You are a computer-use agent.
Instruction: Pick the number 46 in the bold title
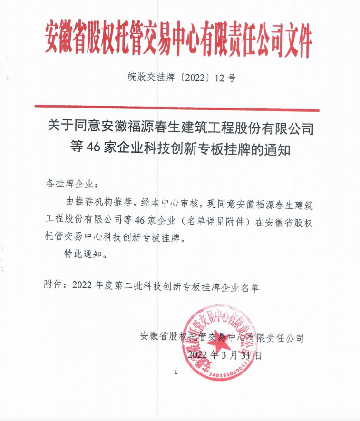tap(93, 148)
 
